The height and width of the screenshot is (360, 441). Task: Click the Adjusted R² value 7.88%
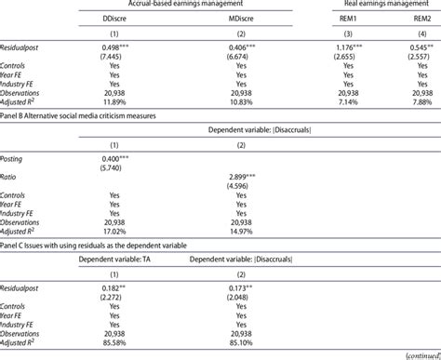tap(416, 100)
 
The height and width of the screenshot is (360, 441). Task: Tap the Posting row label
tap(17, 158)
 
